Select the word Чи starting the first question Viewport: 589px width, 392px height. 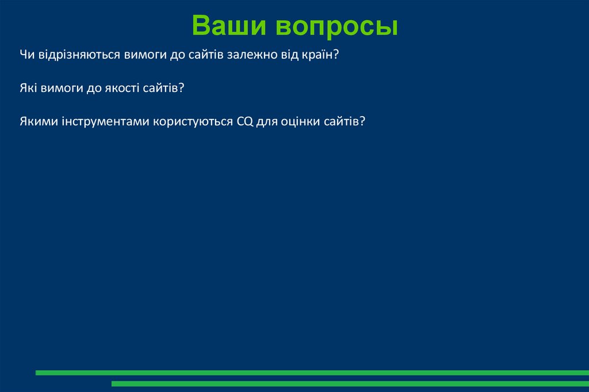coord(26,55)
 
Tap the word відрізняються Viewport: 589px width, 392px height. coord(78,55)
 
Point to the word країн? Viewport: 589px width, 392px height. coord(319,55)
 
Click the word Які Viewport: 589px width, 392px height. coord(27,89)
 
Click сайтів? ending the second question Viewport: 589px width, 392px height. coord(165,89)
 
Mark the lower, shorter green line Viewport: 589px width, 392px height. coord(350,383)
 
